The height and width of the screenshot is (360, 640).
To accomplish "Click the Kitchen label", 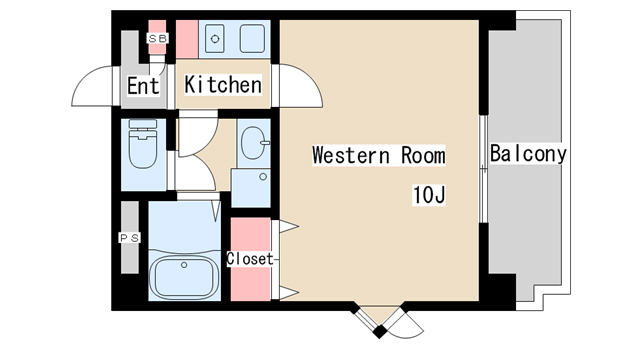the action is [223, 85].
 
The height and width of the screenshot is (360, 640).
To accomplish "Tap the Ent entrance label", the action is [143, 86].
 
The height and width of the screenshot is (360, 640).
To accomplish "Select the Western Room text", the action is [378, 155].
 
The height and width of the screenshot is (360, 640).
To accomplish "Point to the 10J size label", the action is [429, 195].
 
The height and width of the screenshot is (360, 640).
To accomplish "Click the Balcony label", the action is [528, 153].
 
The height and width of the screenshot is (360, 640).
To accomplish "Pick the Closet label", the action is [249, 259].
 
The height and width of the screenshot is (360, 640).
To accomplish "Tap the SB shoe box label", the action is [158, 39].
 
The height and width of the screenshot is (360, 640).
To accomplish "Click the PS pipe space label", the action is [130, 238].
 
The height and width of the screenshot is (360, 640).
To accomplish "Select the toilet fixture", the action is [142, 143].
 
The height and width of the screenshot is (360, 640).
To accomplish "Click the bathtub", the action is [184, 273].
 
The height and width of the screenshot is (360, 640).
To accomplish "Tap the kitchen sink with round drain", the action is [215, 39].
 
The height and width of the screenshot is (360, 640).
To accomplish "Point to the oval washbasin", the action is [254, 143].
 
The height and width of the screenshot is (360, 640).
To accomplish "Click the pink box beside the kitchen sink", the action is [187, 39].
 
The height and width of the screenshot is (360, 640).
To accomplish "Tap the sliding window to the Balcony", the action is [484, 169].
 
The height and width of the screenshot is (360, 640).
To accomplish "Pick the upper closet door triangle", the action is [288, 226].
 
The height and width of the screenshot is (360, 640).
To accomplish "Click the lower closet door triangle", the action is [288, 293].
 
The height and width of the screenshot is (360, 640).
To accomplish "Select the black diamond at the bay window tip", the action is [380, 331].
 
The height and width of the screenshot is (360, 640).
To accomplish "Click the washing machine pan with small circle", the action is [251, 188].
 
